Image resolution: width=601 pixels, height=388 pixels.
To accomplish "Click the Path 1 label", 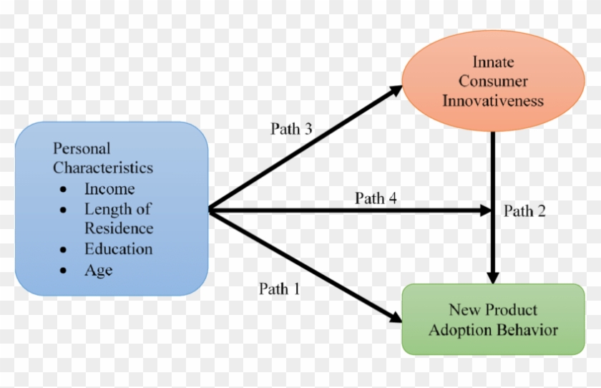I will (280, 289).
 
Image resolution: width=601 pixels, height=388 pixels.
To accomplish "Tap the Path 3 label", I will (291, 129).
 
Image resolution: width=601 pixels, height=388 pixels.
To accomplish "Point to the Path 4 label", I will (376, 198).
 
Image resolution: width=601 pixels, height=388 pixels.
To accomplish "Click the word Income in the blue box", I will (109, 189).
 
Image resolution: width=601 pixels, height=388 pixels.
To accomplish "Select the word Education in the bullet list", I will (118, 249).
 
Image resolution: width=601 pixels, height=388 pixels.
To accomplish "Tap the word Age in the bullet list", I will (98, 270).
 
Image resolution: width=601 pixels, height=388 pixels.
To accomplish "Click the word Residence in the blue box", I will (119, 228).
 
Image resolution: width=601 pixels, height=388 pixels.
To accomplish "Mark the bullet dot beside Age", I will (65, 271).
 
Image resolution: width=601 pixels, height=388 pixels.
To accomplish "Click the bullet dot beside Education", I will (65, 251).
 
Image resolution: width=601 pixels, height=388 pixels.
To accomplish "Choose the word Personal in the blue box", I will (82, 149).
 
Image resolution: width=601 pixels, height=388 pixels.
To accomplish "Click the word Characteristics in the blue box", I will (103, 168).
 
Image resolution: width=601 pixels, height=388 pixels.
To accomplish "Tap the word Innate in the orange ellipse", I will (493, 62).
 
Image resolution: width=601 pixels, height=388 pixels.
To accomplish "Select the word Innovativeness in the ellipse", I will (493, 100).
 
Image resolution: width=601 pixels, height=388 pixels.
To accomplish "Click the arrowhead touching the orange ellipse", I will (396, 90).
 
